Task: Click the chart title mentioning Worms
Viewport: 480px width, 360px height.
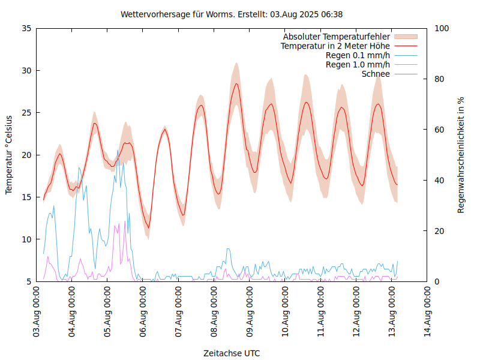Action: point(232,14)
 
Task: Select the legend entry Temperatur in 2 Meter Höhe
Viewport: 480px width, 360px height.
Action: point(335,46)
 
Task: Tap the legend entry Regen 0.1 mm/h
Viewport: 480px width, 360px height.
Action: point(358,55)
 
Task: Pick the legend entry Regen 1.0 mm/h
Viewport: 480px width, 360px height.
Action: point(358,64)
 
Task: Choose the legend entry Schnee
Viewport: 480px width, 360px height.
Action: point(376,74)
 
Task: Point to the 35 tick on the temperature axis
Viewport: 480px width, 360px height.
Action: point(26,28)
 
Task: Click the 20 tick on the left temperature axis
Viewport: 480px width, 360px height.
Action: point(26,155)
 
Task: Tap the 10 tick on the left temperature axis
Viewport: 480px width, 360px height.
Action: point(26,239)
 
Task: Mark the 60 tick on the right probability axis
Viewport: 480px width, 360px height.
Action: point(439,130)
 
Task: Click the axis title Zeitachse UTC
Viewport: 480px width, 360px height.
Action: point(232,353)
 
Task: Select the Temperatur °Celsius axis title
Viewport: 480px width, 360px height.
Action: point(9,155)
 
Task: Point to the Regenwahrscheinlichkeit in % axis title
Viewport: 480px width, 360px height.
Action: point(461,155)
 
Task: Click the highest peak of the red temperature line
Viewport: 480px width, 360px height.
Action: point(236,83)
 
